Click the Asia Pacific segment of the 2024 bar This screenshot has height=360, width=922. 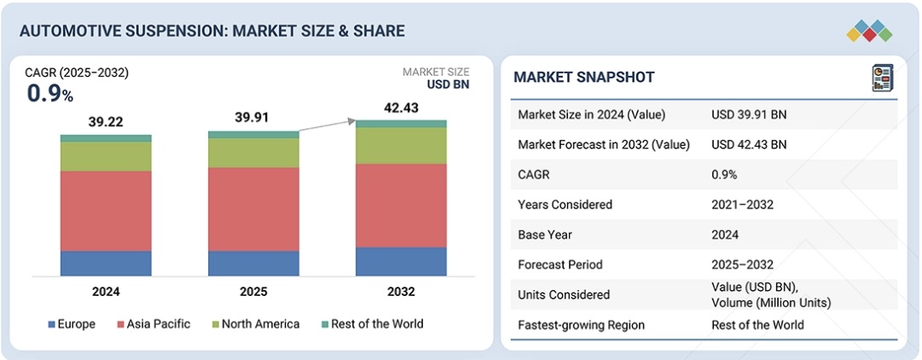click(x=106, y=211)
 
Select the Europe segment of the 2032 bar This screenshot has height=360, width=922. click(x=401, y=262)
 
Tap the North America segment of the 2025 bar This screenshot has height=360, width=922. click(x=253, y=153)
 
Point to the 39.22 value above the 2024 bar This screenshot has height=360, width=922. click(x=106, y=122)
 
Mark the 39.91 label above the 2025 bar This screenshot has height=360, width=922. click(x=253, y=118)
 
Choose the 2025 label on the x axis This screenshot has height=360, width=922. click(x=253, y=292)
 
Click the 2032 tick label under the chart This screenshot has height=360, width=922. click(x=401, y=292)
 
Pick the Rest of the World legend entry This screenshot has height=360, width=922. click(x=372, y=324)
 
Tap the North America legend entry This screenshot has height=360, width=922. click(x=255, y=324)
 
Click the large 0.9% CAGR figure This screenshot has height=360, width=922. click(x=49, y=94)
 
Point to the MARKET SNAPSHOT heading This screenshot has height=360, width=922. click(x=584, y=78)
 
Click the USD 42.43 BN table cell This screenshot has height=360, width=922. click(x=749, y=144)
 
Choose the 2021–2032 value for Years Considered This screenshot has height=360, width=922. click(x=742, y=205)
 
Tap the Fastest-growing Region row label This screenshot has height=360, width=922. click(x=581, y=325)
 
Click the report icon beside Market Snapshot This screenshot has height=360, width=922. click(x=882, y=78)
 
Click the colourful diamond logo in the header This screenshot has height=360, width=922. click(x=869, y=32)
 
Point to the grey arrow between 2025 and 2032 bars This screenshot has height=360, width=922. click(x=327, y=126)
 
